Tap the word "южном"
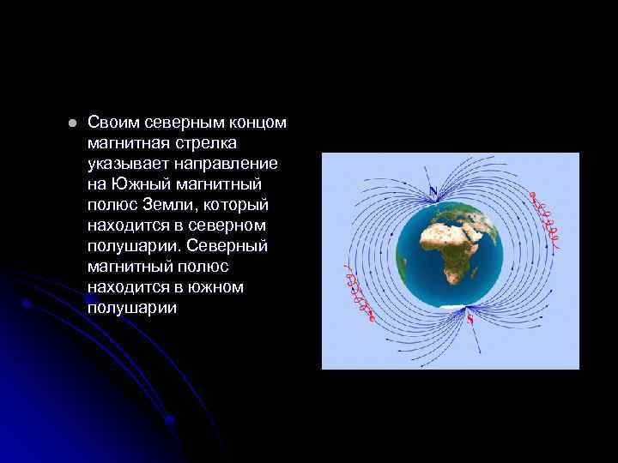click(x=215, y=287)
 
